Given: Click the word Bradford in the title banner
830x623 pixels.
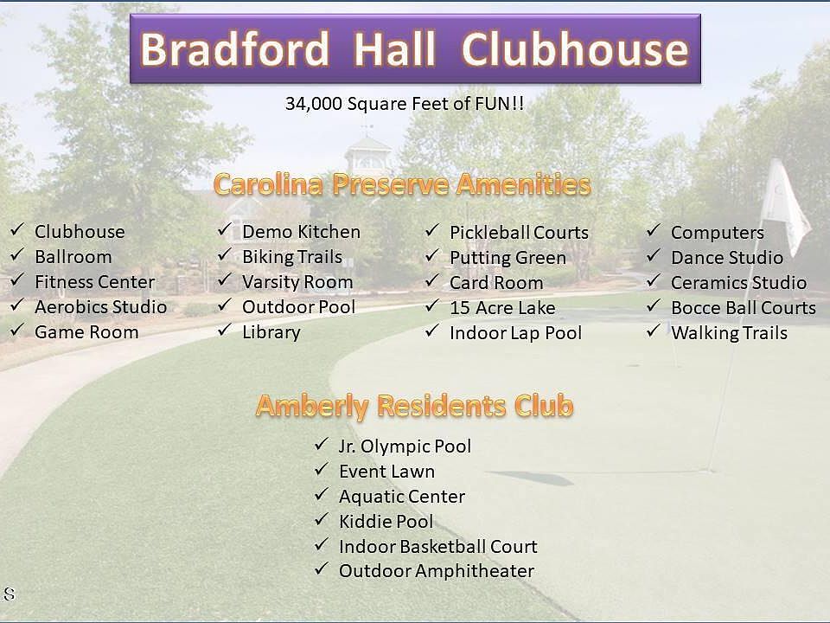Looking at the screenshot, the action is [234, 48].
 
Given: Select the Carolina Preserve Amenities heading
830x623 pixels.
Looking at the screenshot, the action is [402, 184].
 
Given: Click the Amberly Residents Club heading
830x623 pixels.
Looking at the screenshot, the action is [414, 406].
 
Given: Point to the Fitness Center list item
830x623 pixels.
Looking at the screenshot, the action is [95, 282].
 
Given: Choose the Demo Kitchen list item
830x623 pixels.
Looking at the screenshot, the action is [301, 232].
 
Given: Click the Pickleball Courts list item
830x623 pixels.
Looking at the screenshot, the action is [519, 232].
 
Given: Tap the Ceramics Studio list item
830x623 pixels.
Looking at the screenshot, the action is [738, 282].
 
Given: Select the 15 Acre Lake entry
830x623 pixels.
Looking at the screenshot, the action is [502, 308].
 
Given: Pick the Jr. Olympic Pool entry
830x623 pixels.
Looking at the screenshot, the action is [405, 446].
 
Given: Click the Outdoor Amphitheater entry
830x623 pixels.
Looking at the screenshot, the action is [437, 571].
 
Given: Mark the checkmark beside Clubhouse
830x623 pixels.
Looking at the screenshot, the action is [17, 229].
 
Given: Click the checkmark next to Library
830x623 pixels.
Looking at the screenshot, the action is [225, 330].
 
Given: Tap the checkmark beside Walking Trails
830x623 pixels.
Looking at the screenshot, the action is [654, 331].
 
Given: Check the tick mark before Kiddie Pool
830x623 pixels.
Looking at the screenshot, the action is [322, 519].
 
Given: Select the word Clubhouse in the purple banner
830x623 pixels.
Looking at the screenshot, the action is [576, 48].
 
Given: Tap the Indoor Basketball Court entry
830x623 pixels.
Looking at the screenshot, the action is [438, 546].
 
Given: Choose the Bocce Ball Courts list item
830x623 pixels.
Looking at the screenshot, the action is [744, 308].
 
